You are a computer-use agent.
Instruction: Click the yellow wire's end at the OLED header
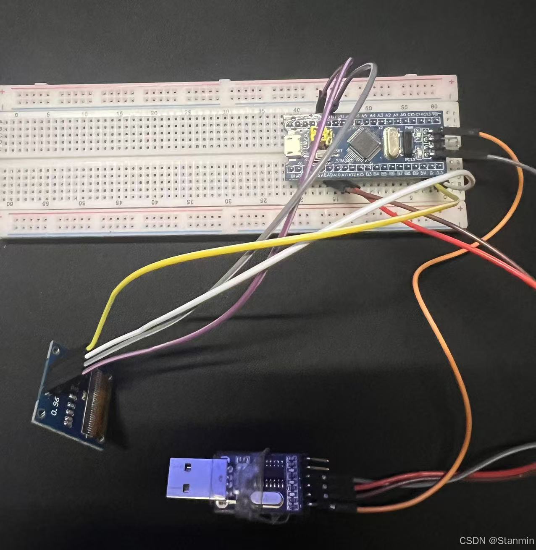(x=89, y=347)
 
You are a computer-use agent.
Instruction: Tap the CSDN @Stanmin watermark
(x=496, y=540)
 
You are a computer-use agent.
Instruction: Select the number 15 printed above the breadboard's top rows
(x=120, y=113)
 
